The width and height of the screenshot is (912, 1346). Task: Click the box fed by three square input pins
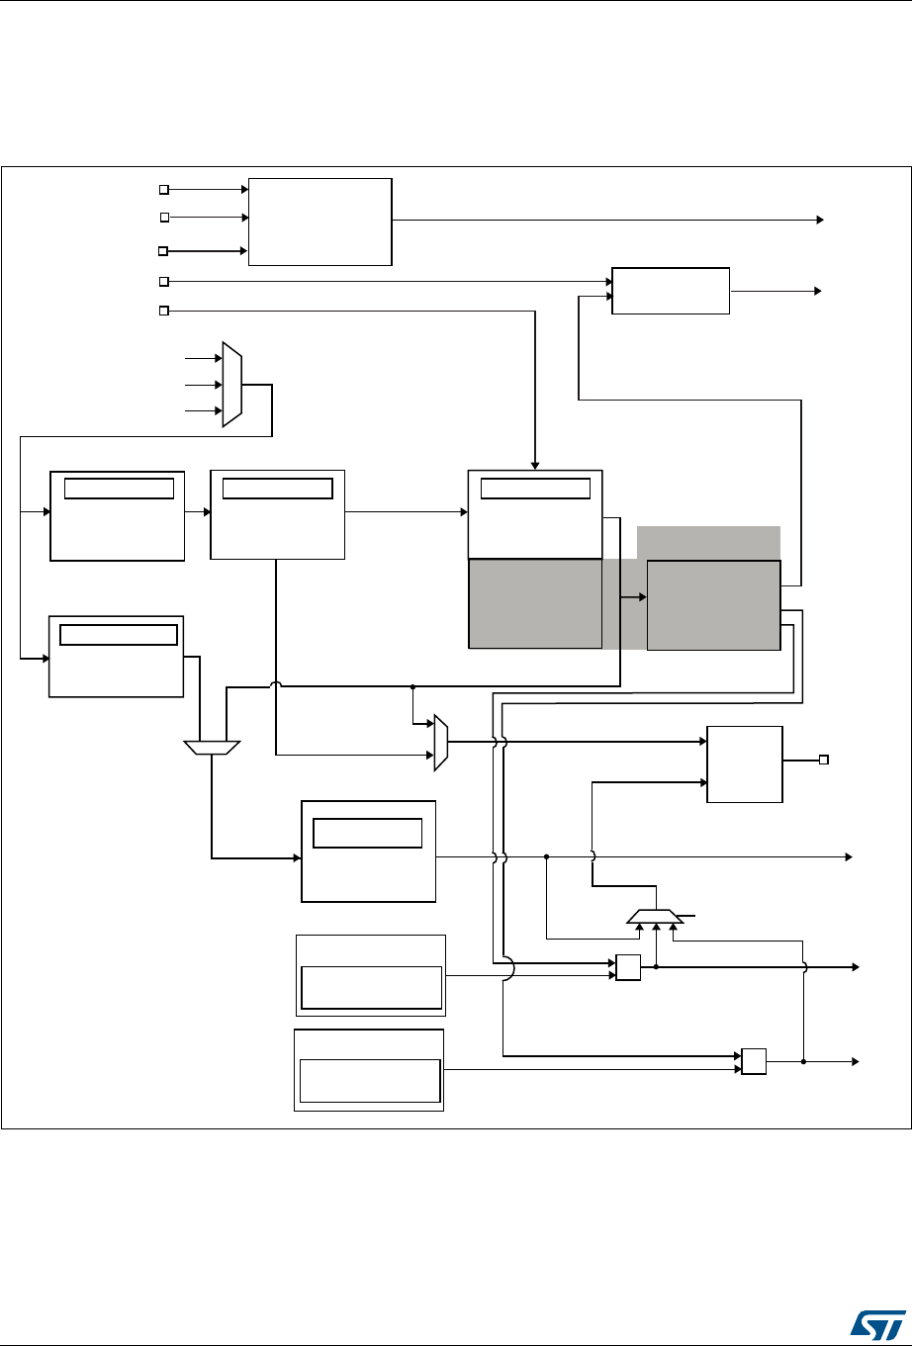pos(320,222)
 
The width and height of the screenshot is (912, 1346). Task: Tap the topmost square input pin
pos(165,188)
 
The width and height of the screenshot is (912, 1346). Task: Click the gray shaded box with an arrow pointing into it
pos(713,604)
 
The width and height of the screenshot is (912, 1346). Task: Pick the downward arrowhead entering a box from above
pos(535,464)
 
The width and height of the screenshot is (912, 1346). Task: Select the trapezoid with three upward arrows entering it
pos(655,916)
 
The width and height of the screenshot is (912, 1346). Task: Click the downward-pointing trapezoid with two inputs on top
pos(212,748)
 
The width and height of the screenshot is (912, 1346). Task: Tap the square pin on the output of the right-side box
pos(823,760)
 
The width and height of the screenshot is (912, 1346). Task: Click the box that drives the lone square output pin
pos(745,763)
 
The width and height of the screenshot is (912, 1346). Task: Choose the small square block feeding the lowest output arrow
pos(754,1061)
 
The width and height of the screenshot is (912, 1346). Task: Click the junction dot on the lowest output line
pos(803,1061)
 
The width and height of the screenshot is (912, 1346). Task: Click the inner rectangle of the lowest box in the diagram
pos(369,1081)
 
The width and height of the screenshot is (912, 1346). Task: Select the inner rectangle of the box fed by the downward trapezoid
pos(367,833)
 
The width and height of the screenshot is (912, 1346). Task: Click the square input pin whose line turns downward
pos(165,312)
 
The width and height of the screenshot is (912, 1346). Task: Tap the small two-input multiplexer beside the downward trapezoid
pos(441,743)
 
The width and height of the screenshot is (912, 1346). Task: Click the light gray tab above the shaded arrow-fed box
pos(708,543)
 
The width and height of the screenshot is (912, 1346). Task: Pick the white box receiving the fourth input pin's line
pos(671,290)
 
